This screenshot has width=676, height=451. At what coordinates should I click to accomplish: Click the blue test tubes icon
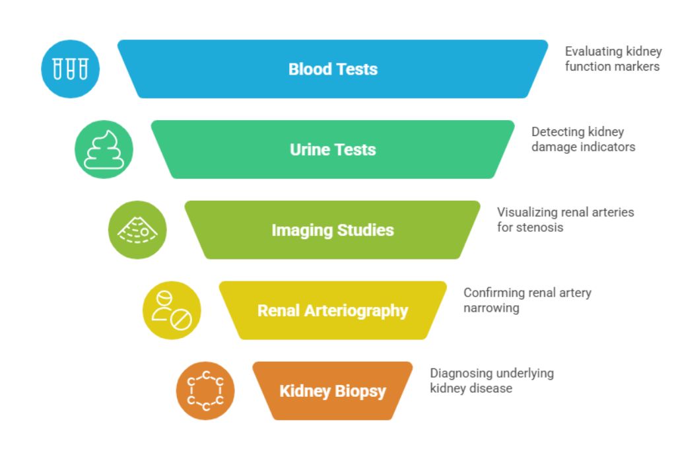point(70,69)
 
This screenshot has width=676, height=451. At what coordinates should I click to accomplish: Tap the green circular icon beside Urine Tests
point(104,149)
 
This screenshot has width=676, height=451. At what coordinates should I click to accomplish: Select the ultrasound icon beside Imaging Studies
point(137,230)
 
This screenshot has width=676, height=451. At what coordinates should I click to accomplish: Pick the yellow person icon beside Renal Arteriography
point(172,310)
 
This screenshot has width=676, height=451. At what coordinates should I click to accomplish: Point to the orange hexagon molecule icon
point(205,391)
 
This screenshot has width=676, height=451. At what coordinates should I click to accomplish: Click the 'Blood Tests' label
point(333,69)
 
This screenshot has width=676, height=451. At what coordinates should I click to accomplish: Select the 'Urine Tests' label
point(333,150)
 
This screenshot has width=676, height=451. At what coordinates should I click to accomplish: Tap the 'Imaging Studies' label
point(333,230)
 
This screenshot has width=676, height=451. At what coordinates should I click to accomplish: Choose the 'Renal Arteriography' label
point(333,311)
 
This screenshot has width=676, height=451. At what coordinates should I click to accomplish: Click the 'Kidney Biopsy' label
point(333,392)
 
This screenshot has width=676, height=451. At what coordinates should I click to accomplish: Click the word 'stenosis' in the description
point(541,228)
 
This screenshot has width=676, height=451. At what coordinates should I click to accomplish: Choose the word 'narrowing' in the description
point(491,308)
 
